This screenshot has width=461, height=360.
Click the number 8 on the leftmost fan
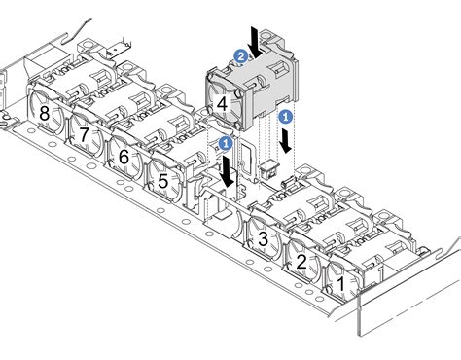coord(45,114)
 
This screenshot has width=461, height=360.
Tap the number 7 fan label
coord(86,133)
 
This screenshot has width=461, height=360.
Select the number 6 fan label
coord(124,156)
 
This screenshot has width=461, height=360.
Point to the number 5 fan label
coord(162,180)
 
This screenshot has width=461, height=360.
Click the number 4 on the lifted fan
coord(223,102)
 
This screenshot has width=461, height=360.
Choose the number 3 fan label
coord(263,237)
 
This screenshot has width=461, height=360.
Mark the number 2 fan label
coord(301,261)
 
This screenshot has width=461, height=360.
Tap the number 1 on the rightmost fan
coord(341,283)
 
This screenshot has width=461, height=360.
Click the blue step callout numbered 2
coord(240,55)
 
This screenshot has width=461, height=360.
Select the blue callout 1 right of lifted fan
coord(285,115)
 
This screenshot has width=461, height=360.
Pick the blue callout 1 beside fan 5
coord(226,143)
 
